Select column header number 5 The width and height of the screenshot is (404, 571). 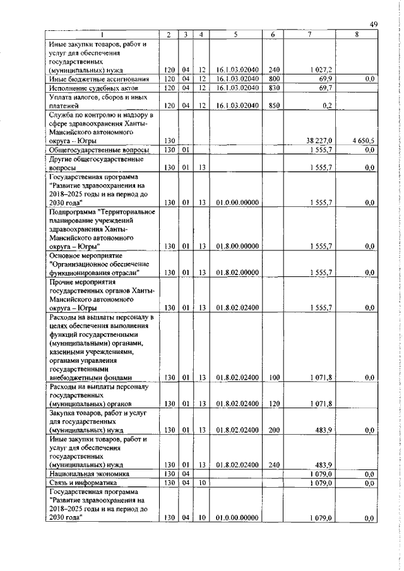tap(234, 35)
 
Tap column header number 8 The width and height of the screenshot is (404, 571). tap(357, 35)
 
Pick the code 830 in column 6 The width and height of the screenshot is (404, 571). tap(274, 88)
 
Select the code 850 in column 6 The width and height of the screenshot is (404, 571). tap(274, 105)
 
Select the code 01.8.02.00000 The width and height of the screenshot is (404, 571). tap(234, 272)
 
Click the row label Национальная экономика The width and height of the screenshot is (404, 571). tap(89, 473)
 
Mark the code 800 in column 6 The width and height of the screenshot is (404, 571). tap(274, 79)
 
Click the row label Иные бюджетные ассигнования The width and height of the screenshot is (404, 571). tap(98, 79)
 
